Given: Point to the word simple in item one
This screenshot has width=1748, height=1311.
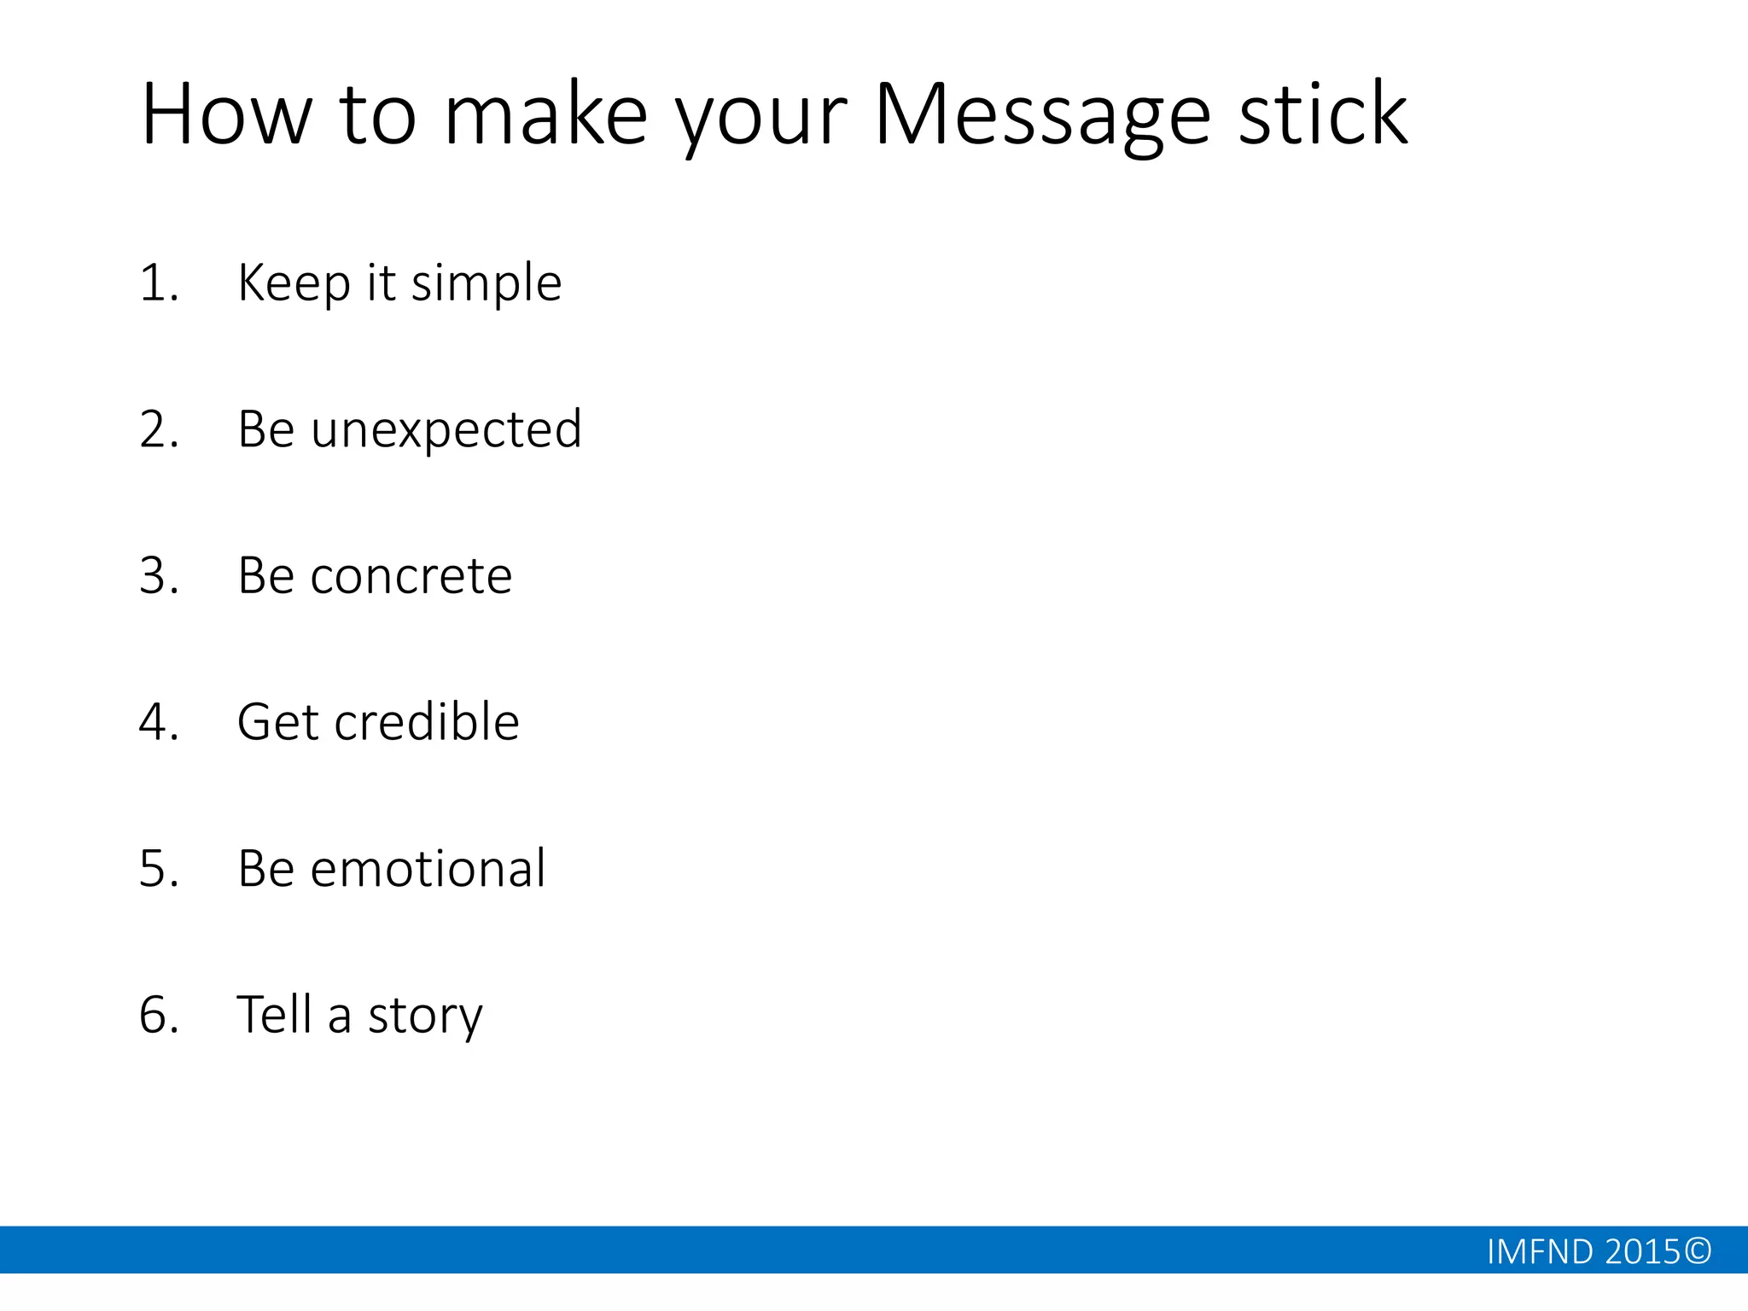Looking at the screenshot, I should click(487, 283).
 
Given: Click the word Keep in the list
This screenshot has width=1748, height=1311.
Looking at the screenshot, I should click(294, 283).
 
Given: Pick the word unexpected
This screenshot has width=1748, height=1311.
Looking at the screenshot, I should click(446, 429).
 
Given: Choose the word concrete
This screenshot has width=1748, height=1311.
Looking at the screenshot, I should click(411, 576).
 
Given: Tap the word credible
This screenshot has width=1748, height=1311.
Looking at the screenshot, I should click(427, 722).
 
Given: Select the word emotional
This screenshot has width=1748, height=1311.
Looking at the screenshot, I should click(428, 869).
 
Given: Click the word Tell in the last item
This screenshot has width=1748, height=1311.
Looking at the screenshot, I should click(274, 1015).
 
